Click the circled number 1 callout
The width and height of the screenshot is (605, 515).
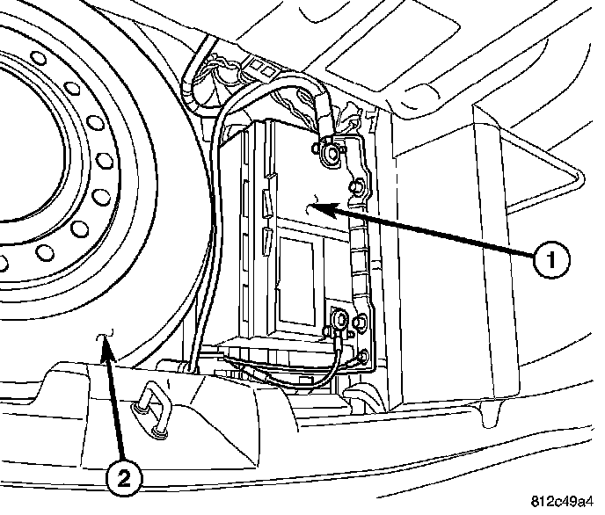point(550,261)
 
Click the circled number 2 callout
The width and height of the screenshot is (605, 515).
point(124,478)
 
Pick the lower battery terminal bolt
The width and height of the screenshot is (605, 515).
point(338,319)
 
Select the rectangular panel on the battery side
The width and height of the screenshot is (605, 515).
point(299,272)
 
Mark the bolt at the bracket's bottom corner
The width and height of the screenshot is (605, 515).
point(363,355)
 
